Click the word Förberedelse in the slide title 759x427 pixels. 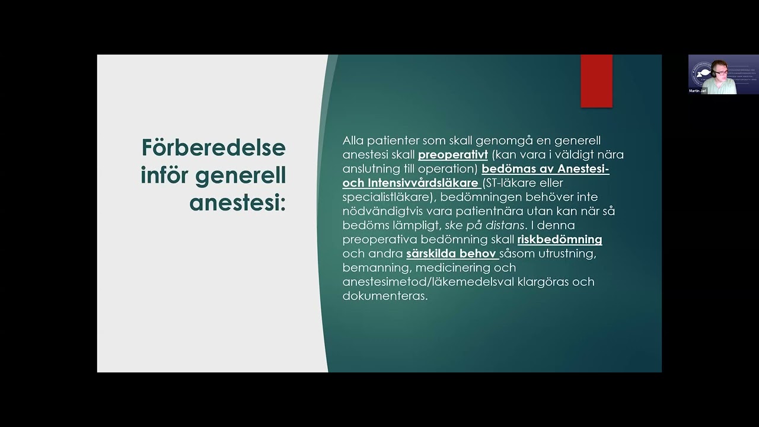pos(213,148)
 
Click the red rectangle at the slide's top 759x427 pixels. pos(596,81)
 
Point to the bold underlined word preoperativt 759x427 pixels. pos(452,155)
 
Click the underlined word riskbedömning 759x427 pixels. pos(559,240)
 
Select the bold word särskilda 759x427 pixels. pos(430,254)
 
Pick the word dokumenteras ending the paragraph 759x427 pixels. pos(384,296)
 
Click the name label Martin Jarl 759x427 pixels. pos(698,91)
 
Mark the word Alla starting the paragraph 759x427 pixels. pos(353,141)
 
